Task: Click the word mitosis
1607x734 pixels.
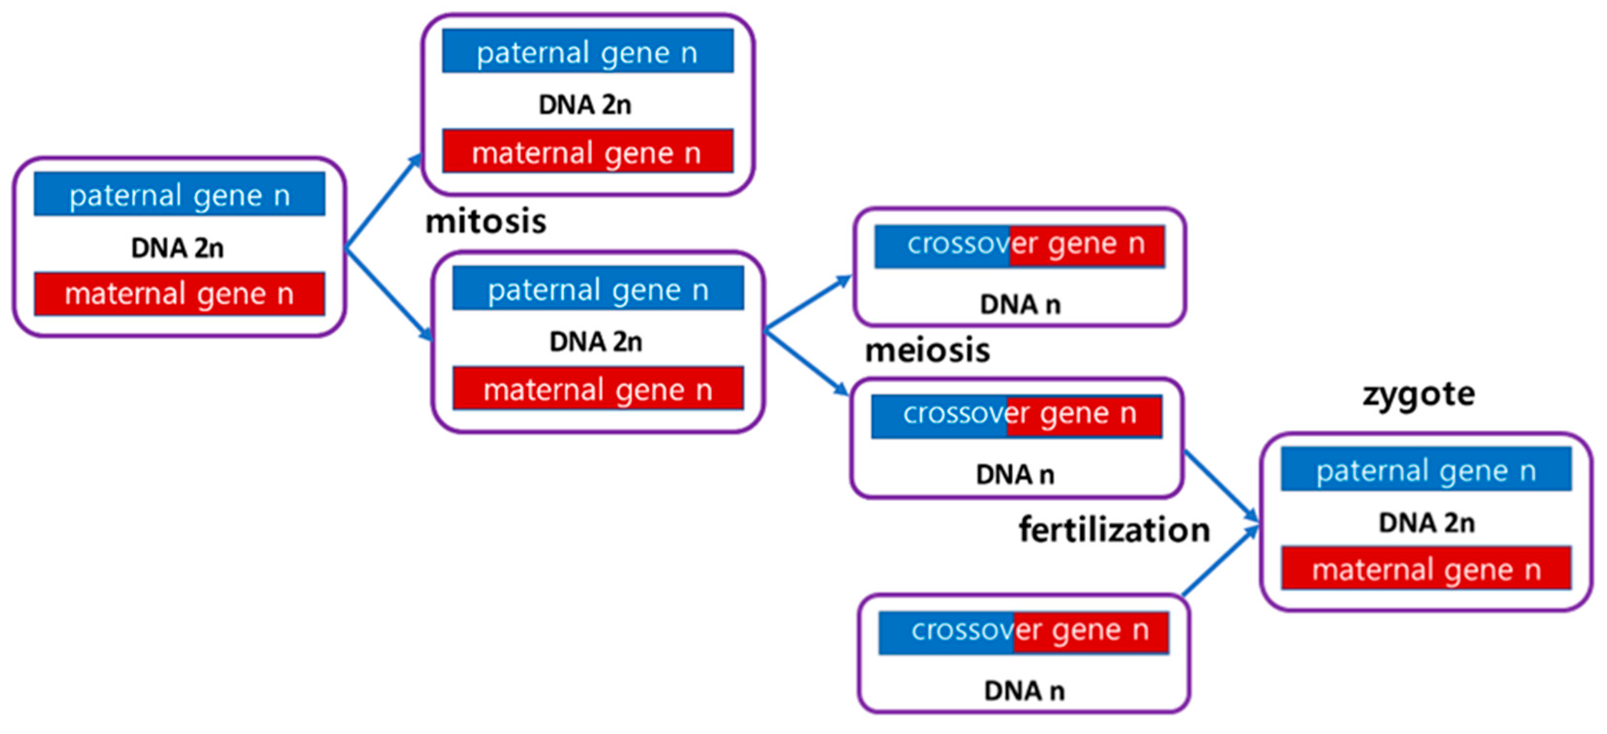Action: [x=485, y=222]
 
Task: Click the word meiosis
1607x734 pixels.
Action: [x=927, y=350]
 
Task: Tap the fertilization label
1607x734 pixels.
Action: [x=1114, y=530]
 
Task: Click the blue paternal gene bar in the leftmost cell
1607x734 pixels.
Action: [x=179, y=195]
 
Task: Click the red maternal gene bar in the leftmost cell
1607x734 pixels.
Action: [x=179, y=294]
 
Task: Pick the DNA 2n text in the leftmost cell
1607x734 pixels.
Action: [x=177, y=248]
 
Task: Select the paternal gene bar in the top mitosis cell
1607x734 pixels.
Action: [x=587, y=51]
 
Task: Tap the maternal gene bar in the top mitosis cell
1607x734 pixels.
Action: [x=587, y=152]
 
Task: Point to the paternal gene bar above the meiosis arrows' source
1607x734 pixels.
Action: [x=598, y=289]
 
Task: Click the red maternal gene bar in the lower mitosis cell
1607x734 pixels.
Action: [x=598, y=389]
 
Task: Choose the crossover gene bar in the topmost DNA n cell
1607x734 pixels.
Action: [x=1019, y=246]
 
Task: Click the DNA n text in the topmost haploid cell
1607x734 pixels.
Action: [x=1019, y=305]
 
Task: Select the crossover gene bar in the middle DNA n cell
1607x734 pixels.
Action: [x=1016, y=416]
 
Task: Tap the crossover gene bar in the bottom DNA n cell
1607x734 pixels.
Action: [x=1023, y=633]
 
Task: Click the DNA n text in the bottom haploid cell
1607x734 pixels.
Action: [x=1024, y=691]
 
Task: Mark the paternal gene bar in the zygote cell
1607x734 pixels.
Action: [x=1425, y=469]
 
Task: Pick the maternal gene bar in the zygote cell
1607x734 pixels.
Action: [x=1425, y=568]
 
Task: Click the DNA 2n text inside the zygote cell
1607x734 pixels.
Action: [x=1426, y=522]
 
